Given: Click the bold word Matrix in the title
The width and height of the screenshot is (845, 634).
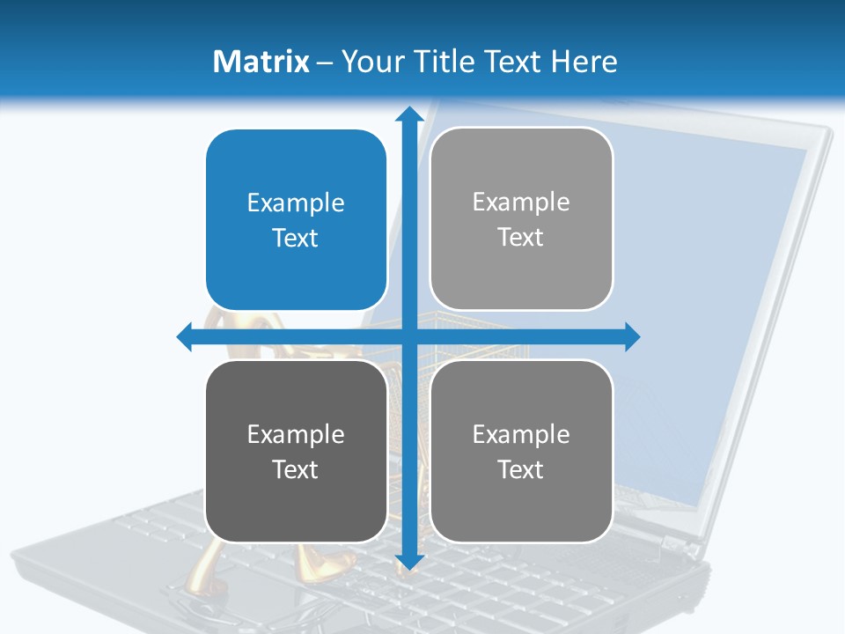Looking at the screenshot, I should (261, 62).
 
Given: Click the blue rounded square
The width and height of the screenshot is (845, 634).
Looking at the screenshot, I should (296, 220).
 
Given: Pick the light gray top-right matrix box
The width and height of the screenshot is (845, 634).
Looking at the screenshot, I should (521, 219).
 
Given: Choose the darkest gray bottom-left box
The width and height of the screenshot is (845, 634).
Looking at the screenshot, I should (296, 451).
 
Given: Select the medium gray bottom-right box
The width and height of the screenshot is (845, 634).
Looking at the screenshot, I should (521, 451).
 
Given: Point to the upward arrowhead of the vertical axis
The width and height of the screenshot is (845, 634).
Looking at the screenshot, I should (408, 114).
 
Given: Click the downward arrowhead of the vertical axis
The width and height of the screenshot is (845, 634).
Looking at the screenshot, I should (408, 562).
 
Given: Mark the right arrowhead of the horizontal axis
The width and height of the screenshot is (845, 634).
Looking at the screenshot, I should (631, 337).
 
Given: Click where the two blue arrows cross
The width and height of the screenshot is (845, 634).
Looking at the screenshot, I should (408, 337).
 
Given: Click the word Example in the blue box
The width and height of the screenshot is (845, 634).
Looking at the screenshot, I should (296, 203).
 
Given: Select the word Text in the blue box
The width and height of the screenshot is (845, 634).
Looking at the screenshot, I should (296, 239).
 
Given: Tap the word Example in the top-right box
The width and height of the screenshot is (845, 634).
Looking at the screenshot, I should (521, 203).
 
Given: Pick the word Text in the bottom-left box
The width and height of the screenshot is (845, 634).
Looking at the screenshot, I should (296, 469).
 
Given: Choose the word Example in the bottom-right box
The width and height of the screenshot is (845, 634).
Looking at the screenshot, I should (521, 434).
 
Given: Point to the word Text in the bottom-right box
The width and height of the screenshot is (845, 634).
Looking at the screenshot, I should (521, 469).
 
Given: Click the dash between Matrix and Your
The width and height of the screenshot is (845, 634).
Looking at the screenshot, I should (325, 63).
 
